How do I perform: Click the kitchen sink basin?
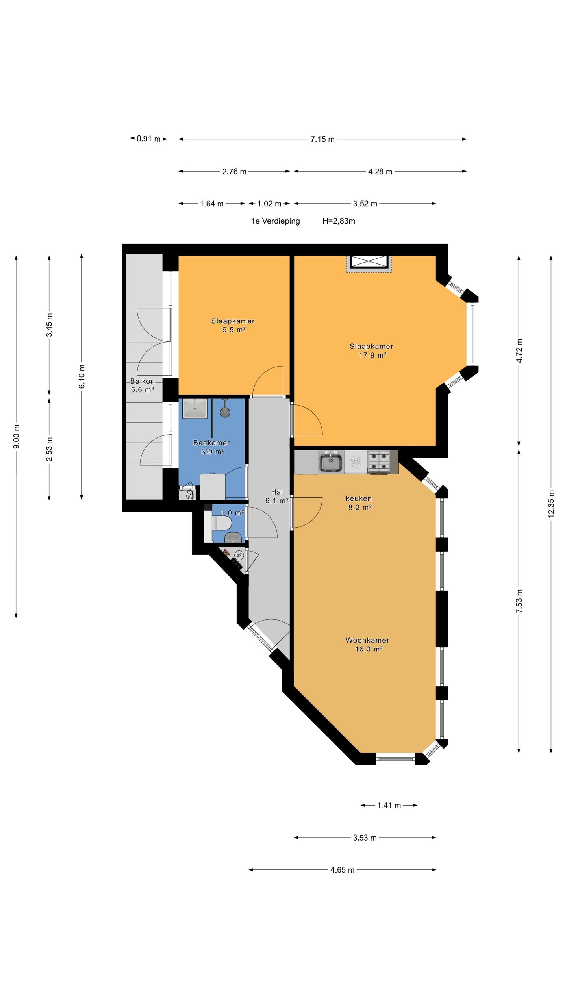coord(330,462)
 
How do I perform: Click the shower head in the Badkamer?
coord(225,411)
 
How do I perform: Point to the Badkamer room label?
coord(211,443)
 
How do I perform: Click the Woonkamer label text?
coord(367,640)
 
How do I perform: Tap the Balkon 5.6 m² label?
coord(142,385)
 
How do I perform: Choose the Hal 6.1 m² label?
coord(277,497)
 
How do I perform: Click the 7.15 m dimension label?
coord(322,139)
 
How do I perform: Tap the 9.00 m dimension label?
coord(16,437)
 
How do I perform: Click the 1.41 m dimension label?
coord(389,805)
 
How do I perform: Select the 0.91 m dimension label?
coord(149,139)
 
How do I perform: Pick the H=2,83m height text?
coord(339,221)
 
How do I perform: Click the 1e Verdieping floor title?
coord(276,221)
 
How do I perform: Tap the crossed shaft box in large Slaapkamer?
coord(369,262)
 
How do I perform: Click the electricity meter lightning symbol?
coord(239,555)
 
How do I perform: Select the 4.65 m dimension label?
coord(342,870)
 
